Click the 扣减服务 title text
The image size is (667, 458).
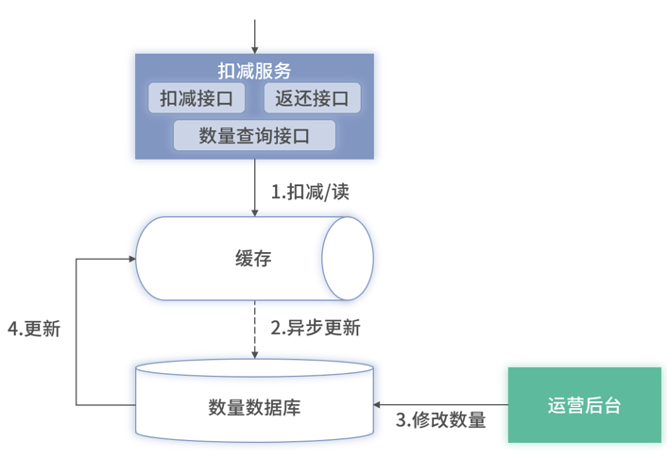point(254,71)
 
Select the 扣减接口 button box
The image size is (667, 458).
point(197,98)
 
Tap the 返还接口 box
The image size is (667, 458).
point(312,98)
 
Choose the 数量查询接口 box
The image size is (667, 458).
point(254,135)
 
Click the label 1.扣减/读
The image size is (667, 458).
point(311,192)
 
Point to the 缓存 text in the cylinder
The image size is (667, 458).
point(253,259)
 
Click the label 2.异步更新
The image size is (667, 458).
point(316,329)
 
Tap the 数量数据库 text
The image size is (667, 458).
point(254,407)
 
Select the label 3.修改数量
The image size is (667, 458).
point(440,420)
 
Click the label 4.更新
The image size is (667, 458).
point(34,329)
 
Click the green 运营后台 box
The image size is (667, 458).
point(584,405)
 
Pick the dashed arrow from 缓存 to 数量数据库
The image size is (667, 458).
point(254,326)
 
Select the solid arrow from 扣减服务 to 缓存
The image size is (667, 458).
point(254,187)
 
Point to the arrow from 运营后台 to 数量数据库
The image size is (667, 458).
point(444,405)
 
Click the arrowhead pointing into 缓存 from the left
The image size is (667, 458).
point(130,258)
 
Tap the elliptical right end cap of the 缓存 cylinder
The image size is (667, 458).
point(348,259)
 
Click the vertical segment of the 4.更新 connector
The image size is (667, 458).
point(77,331)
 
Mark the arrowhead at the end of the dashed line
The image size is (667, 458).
point(254,354)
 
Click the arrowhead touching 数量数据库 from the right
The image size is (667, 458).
point(381,405)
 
